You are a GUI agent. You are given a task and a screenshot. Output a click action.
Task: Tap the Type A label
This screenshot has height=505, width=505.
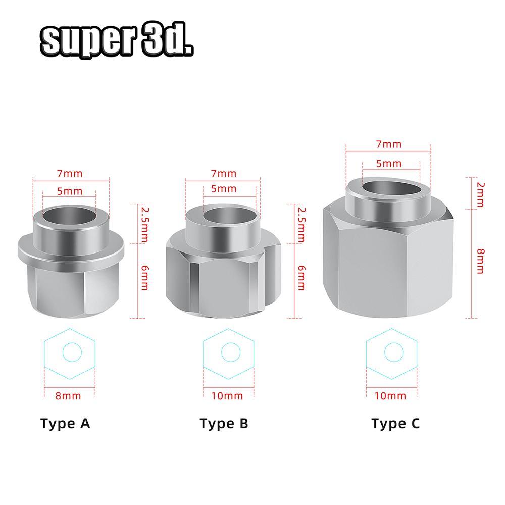point(65,423)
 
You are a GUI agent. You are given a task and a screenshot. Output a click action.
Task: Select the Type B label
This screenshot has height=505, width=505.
point(224,423)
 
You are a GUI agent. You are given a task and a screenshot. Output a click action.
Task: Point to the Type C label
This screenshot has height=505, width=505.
point(395,423)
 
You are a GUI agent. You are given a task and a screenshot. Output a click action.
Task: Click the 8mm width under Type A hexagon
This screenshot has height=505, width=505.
point(68,395)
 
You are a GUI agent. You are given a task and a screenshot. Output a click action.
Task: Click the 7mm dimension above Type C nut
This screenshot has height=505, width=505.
point(389,144)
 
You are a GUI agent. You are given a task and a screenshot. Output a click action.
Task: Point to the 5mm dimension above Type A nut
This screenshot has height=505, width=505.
point(69,191)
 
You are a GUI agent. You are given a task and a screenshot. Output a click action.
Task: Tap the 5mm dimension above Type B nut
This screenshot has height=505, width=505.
point(224,189)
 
